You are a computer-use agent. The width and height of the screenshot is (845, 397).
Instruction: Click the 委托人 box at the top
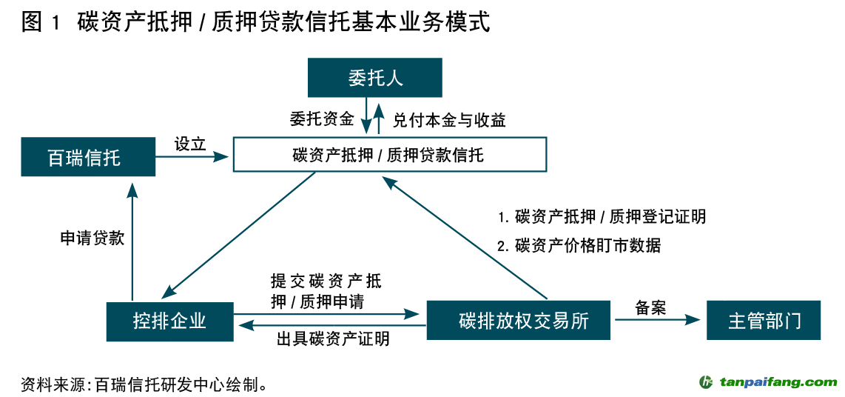[x=375, y=78]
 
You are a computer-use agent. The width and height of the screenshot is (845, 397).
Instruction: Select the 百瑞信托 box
[x=88, y=156]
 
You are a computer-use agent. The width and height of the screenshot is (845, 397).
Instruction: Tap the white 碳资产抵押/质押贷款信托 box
[x=389, y=155]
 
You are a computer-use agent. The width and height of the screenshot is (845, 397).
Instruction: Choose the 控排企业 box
[x=169, y=320]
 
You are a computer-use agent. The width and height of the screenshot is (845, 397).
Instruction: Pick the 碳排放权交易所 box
[x=519, y=320]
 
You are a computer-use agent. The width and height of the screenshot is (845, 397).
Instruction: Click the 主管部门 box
[x=764, y=320]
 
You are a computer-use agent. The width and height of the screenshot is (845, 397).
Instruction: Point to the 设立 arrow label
[x=190, y=144]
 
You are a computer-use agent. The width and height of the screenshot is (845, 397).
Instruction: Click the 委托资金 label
[x=321, y=119]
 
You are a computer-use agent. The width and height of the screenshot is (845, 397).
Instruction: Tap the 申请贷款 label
[x=92, y=238]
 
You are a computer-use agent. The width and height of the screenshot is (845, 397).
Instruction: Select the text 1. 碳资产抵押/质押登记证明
[x=602, y=216]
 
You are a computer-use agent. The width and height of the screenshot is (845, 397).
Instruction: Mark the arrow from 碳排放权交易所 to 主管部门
[x=656, y=320]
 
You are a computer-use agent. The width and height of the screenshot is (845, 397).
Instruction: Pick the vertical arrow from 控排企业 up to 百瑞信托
[x=132, y=241]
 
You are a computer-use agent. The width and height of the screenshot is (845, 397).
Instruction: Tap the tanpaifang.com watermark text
[x=777, y=382]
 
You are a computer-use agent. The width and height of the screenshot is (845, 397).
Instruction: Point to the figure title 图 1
[x=41, y=23]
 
